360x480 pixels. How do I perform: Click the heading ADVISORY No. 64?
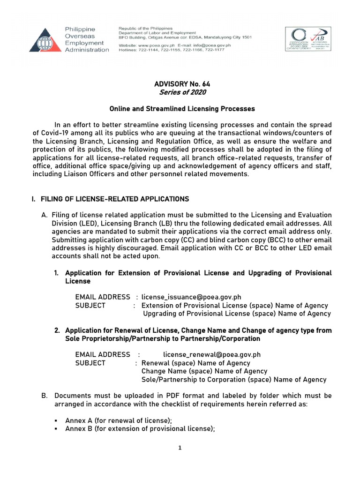coord(182,84)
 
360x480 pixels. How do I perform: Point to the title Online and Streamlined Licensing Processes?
coord(182,109)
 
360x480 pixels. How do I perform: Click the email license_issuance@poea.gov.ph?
coord(191,297)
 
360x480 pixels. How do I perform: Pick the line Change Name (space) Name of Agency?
coord(204,371)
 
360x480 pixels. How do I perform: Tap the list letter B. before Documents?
coord(45,396)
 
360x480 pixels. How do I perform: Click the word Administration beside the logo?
coord(87,50)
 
